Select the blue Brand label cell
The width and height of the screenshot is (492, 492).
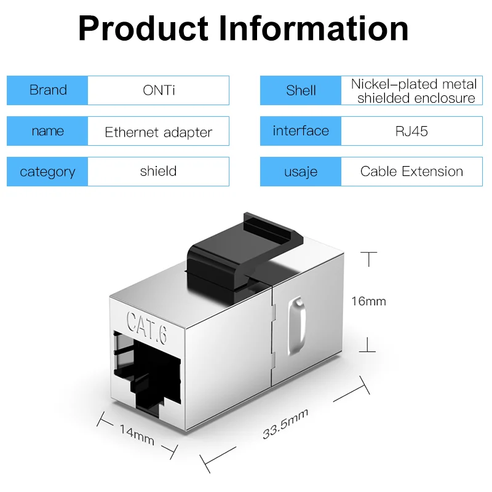tap(48, 90)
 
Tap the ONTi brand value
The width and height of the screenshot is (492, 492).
tap(159, 90)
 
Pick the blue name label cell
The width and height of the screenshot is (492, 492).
tap(48, 131)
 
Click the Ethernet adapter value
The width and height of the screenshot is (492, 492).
tap(159, 132)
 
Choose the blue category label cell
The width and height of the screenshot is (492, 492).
tap(48, 172)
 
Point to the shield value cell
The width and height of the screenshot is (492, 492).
tap(159, 171)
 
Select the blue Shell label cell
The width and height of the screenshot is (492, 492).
tap(301, 90)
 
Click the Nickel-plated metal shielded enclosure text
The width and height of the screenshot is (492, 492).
tap(413, 90)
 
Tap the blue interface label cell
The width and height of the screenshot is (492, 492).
tap(301, 131)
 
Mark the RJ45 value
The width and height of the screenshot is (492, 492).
tap(411, 131)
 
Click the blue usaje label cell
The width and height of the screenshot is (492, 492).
tap(301, 172)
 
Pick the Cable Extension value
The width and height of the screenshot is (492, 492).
tap(411, 172)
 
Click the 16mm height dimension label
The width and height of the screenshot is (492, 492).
tap(368, 301)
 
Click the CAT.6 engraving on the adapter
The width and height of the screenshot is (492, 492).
tap(146, 320)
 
